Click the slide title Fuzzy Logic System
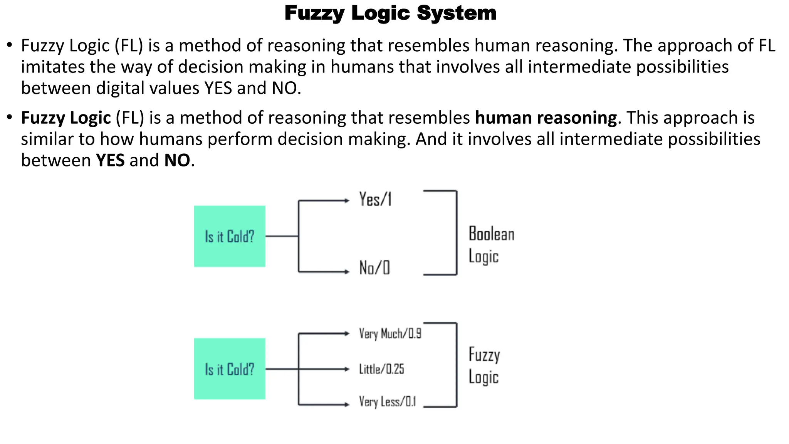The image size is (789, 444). click(x=390, y=13)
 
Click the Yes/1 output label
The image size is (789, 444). click(x=375, y=200)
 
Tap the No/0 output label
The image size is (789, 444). click(x=374, y=268)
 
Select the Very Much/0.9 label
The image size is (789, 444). click(x=390, y=333)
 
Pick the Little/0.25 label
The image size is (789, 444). click(x=381, y=369)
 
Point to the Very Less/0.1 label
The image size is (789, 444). click(x=387, y=402)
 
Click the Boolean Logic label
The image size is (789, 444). click(x=491, y=245)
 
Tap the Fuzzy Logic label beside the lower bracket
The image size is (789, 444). click(x=484, y=365)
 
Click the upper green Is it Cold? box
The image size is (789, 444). click(x=230, y=236)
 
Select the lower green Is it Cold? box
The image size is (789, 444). click(x=230, y=369)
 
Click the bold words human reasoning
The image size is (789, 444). click(x=546, y=118)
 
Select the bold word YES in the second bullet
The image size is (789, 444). click(x=110, y=160)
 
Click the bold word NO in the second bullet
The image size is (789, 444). click(x=177, y=160)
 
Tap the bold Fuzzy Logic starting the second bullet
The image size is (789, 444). click(x=66, y=118)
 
